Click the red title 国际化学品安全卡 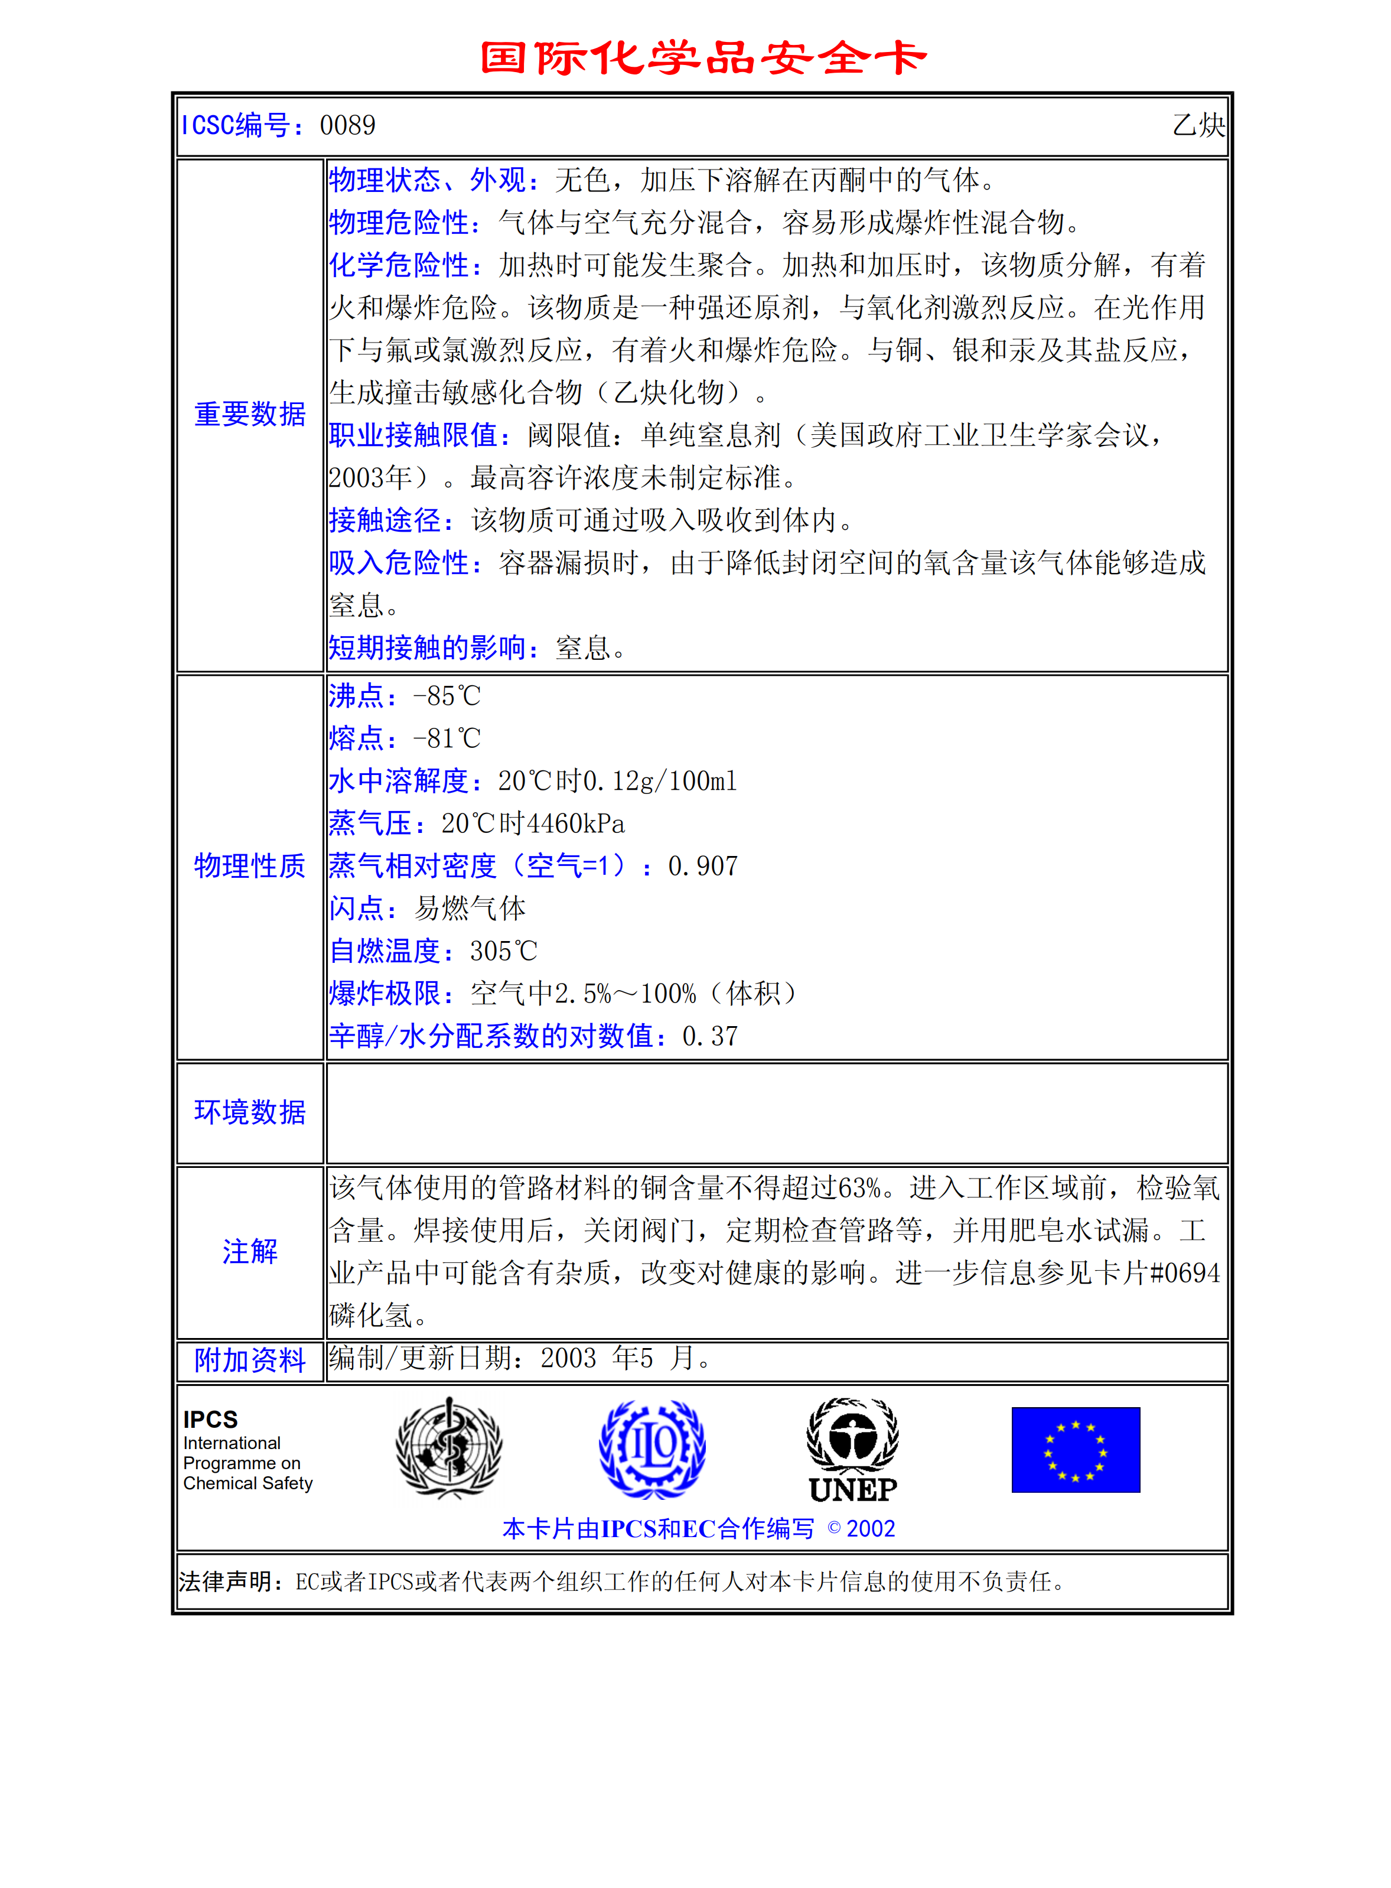702,58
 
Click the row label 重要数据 250,414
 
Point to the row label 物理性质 250,865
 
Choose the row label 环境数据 250,1112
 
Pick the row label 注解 250,1251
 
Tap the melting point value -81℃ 447,738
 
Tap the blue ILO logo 653,1448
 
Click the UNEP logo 852,1450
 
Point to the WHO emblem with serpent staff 449,1448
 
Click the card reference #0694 1185,1272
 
